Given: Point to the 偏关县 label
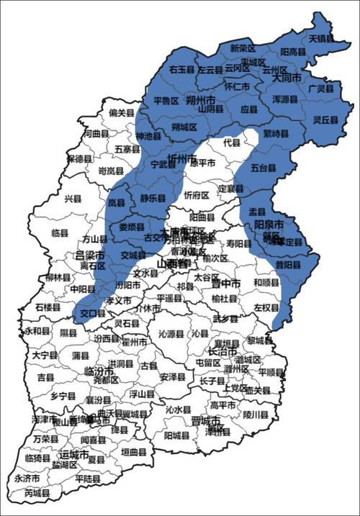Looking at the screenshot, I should click(x=122, y=112).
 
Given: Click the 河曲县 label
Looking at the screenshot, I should click(x=96, y=134).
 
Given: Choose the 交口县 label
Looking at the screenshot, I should click(x=93, y=313).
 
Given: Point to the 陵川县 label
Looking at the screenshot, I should click(x=255, y=415).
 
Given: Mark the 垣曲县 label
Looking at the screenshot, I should click(x=133, y=452).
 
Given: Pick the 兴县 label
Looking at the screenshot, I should click(x=73, y=198).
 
